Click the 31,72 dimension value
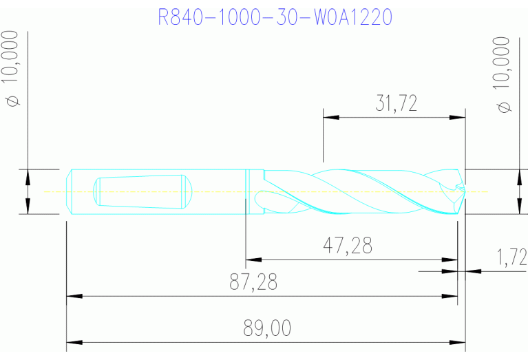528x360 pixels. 396,104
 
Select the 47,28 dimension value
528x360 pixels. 348,246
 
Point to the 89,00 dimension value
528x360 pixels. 267,328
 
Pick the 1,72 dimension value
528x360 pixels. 511,258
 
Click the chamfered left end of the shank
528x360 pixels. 70,191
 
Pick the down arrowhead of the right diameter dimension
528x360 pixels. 518,207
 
